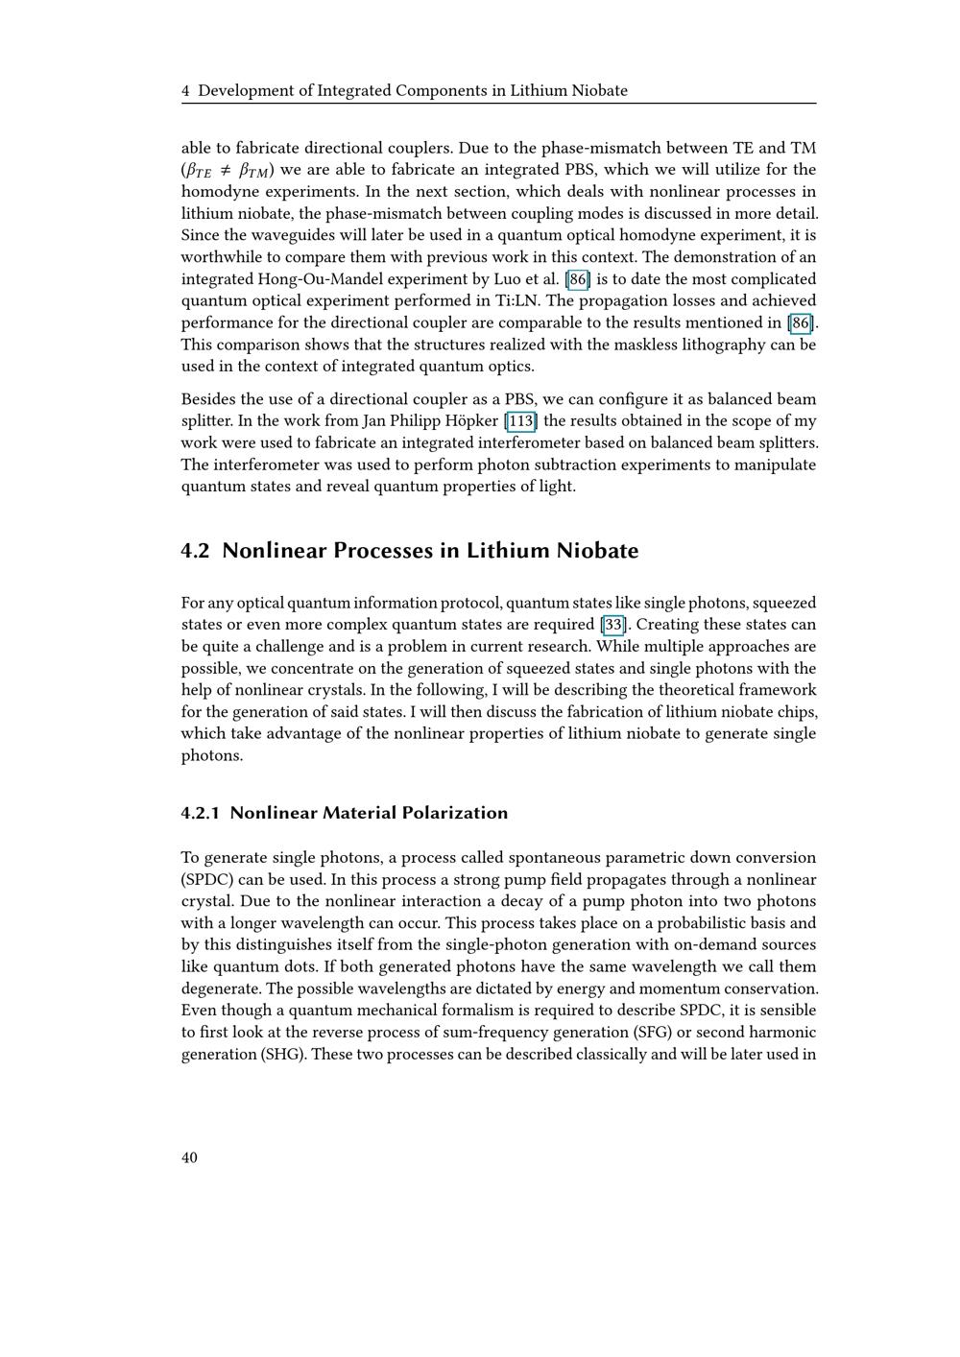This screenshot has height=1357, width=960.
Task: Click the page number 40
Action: (189, 1157)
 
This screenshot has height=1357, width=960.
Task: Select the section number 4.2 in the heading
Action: (195, 551)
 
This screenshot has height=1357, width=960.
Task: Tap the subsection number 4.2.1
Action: (200, 813)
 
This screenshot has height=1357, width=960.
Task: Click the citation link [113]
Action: (521, 421)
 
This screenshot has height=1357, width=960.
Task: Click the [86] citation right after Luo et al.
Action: (578, 279)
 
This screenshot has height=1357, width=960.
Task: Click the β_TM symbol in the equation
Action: (254, 171)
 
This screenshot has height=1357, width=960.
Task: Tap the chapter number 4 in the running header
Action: (185, 91)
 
